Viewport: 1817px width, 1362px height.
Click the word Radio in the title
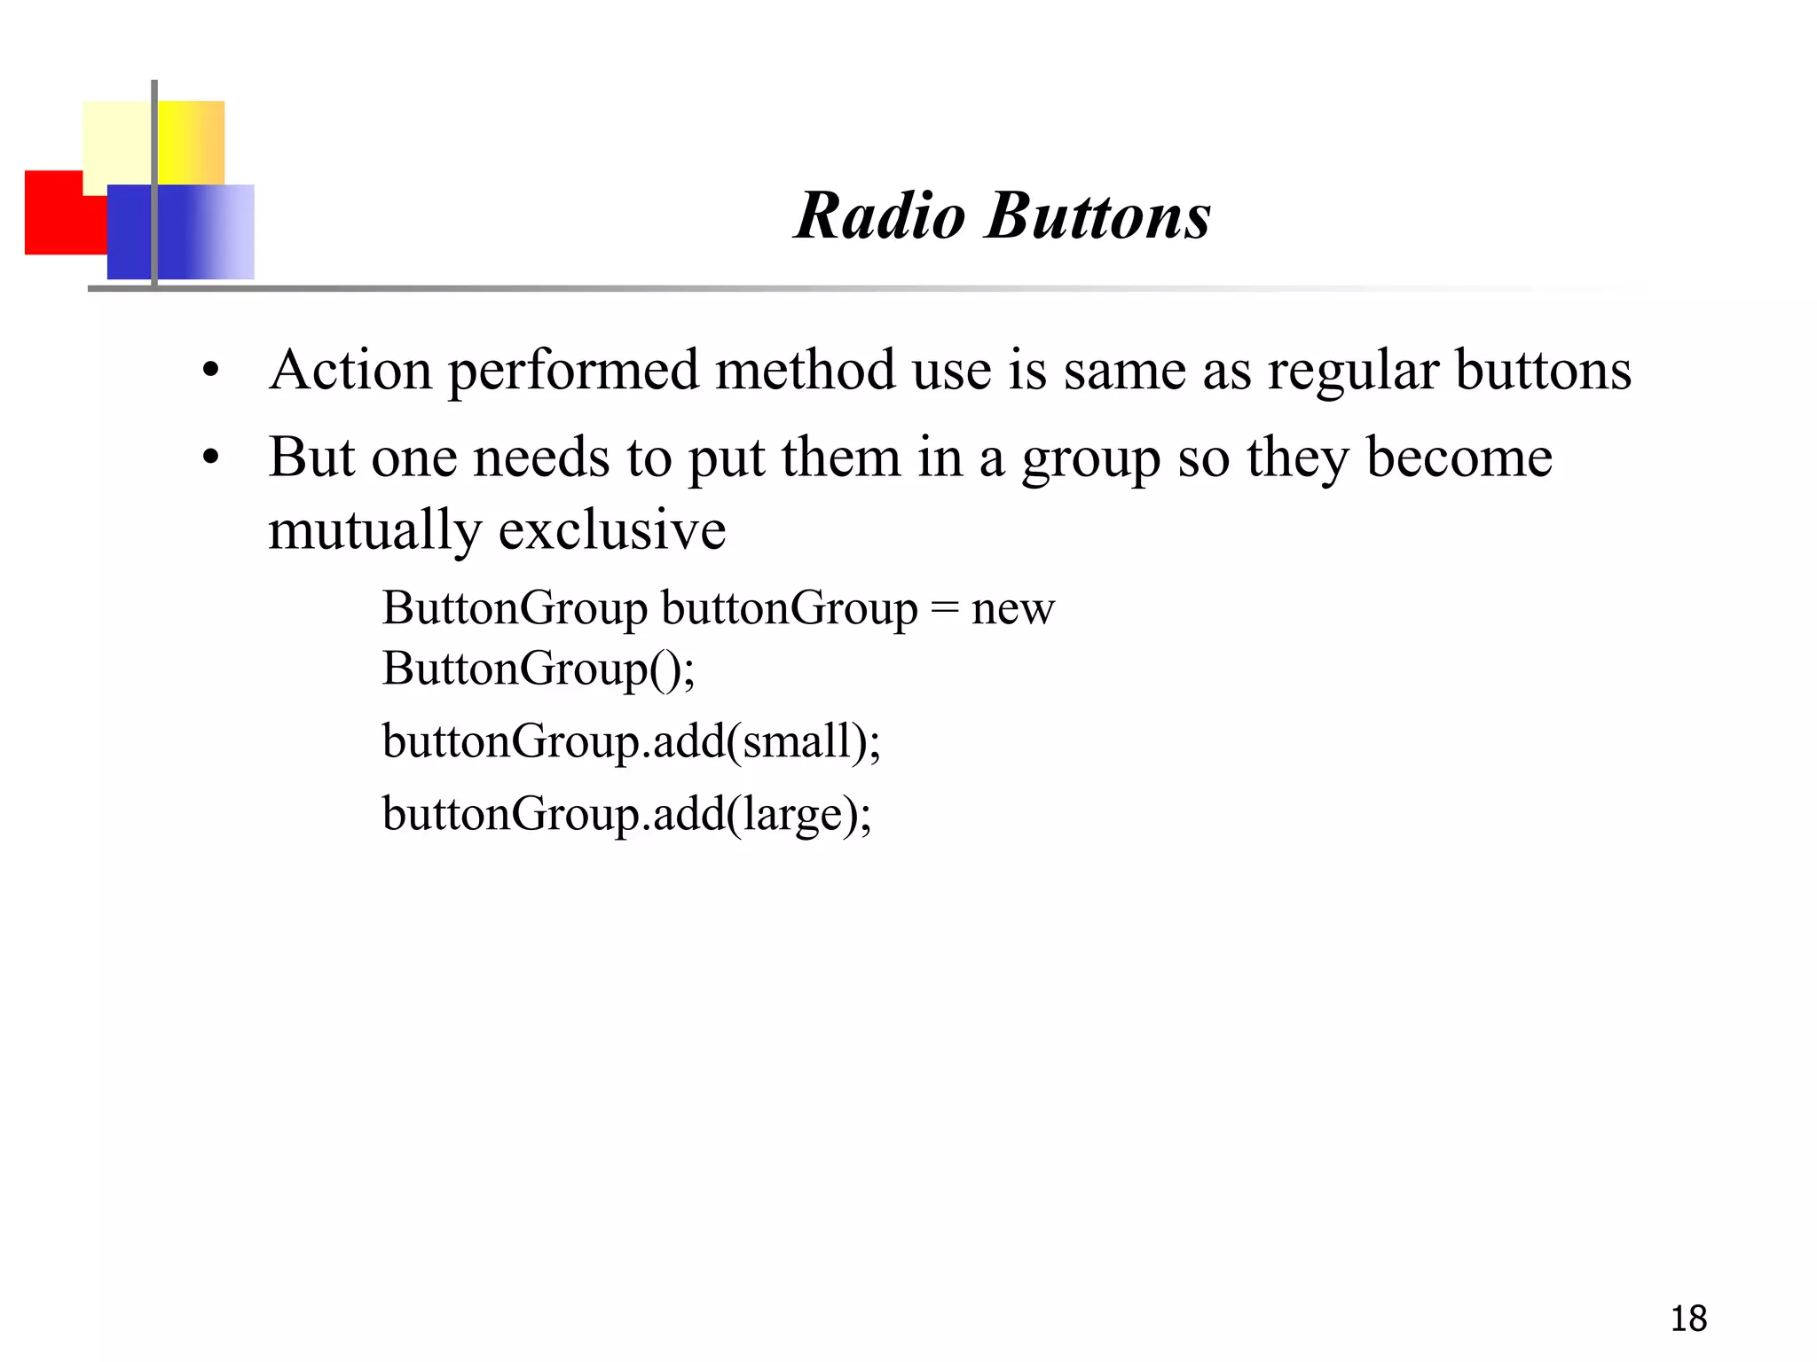(879, 215)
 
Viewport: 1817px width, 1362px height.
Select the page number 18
(1688, 1319)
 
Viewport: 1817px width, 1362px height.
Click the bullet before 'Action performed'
(210, 371)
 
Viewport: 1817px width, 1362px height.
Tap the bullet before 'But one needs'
(210, 458)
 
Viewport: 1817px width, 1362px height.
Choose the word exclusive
(612, 530)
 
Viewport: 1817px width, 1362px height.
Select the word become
(1459, 458)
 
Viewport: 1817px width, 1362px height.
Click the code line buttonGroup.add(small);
(631, 741)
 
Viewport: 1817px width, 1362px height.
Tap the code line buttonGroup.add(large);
(626, 814)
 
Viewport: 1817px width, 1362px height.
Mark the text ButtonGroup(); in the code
(538, 669)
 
